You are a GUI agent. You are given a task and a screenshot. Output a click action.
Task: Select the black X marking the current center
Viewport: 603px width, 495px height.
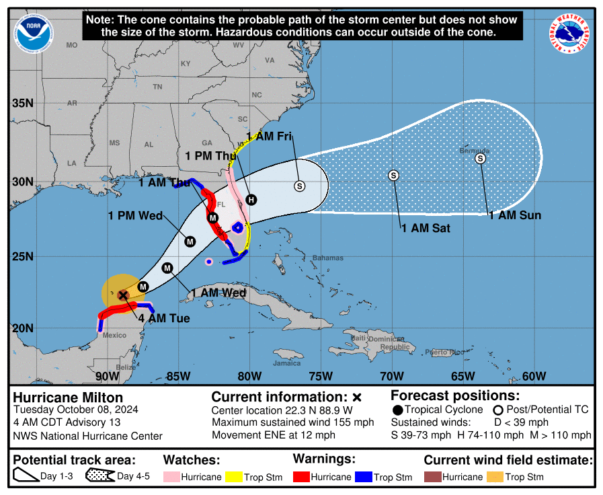pyautogui.click(x=123, y=295)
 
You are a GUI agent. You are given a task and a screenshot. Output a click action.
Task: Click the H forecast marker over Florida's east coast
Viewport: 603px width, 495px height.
pyautogui.click(x=251, y=199)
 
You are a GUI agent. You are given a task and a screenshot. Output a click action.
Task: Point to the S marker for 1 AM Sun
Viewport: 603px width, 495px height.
pyautogui.click(x=480, y=158)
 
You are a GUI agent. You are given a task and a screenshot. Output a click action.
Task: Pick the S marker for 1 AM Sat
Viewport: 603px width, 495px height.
pyautogui.click(x=394, y=175)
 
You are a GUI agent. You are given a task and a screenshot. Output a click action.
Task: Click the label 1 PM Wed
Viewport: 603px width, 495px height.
pyautogui.click(x=135, y=216)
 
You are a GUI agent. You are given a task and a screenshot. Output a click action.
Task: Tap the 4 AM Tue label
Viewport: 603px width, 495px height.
pyautogui.click(x=164, y=318)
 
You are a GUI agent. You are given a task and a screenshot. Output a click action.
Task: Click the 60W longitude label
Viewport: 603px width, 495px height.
pyautogui.click(x=533, y=376)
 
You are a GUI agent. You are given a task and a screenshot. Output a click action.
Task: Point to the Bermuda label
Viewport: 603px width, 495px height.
pyautogui.click(x=475, y=151)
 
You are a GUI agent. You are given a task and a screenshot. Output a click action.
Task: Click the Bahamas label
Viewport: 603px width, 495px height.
pyautogui.click(x=327, y=258)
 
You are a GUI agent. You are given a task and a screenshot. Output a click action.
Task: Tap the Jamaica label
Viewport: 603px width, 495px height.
pyautogui.click(x=286, y=363)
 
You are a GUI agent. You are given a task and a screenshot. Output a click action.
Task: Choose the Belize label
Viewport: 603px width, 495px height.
pyautogui.click(x=125, y=367)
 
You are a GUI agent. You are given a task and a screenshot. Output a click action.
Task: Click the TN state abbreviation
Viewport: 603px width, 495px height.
pyautogui.click(x=157, y=87)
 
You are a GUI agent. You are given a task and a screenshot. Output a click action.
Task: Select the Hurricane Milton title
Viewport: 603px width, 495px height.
pyautogui.click(x=68, y=397)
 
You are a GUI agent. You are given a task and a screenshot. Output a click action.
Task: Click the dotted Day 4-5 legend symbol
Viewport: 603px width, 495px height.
pyautogui.click(x=99, y=476)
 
